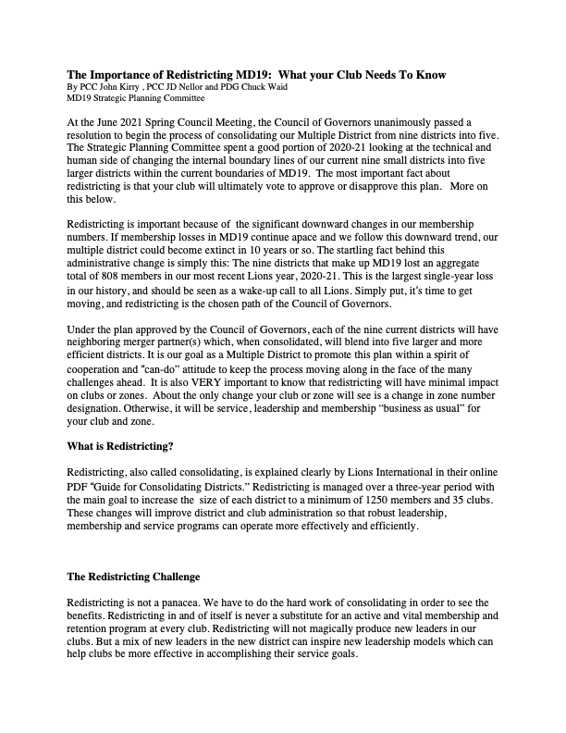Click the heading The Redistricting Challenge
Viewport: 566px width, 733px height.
tap(133, 577)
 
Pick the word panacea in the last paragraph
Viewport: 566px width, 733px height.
tap(174, 602)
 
